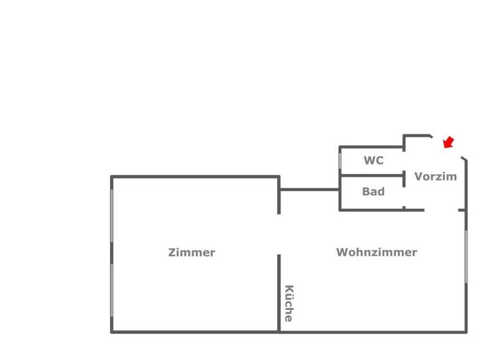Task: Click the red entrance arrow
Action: tap(448, 142)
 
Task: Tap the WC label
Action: tap(374, 161)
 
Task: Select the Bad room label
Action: tap(373, 192)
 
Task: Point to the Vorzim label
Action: tap(435, 176)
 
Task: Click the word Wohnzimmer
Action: tap(376, 253)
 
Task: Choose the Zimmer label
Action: tap(192, 253)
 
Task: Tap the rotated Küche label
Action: tap(289, 303)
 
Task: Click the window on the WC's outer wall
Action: tap(340, 161)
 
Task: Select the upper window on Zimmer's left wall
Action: tap(111, 215)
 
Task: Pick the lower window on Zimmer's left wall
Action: tap(111, 289)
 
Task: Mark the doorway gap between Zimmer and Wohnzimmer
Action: tap(279, 235)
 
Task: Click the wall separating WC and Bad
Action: tap(371, 175)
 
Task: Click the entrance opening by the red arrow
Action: tap(447, 147)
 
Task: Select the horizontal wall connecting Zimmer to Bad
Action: tap(309, 190)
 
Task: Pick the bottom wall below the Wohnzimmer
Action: tap(373, 332)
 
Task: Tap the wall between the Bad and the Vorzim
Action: tap(404, 193)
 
